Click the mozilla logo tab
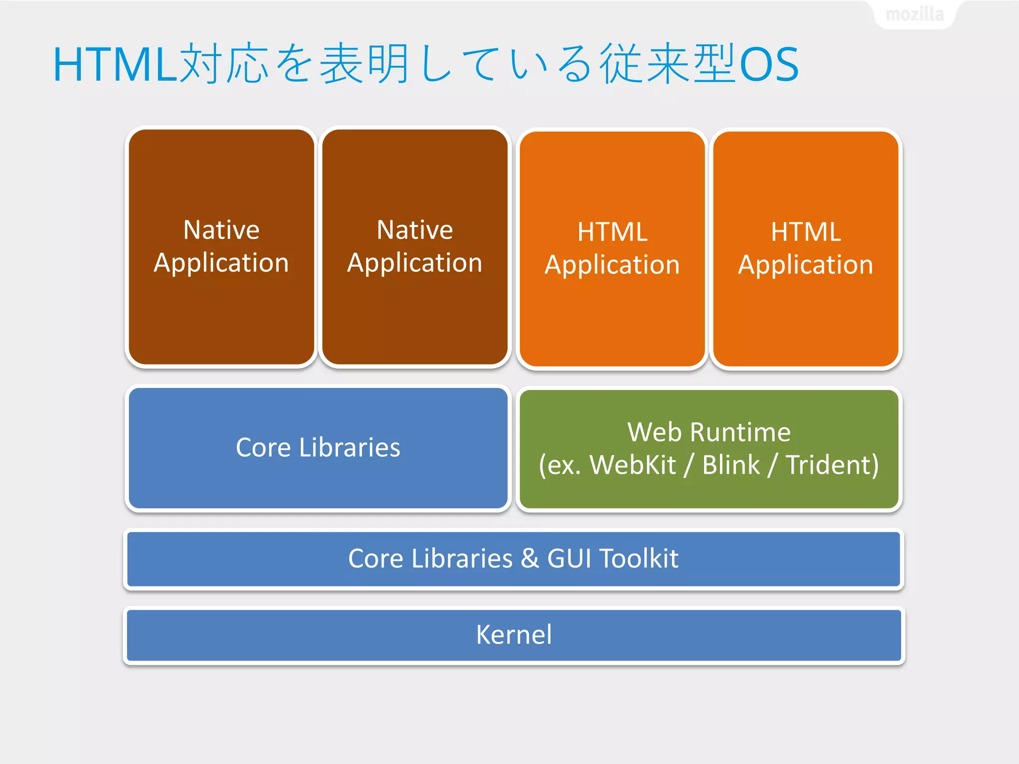click(x=915, y=14)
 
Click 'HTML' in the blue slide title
click(x=114, y=65)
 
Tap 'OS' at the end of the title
click(x=769, y=65)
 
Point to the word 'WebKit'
click(x=632, y=465)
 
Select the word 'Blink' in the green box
click(x=730, y=465)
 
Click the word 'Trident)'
click(x=832, y=465)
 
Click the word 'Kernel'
click(x=513, y=635)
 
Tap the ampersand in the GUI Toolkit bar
click(x=529, y=559)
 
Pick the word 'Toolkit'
click(x=638, y=559)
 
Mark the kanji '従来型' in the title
click(x=667, y=64)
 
